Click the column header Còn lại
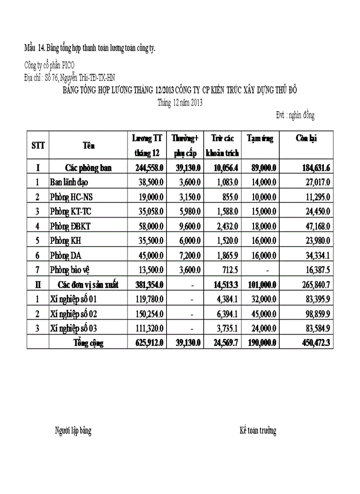coord(306,138)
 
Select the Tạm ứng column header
coord(260,138)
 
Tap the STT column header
coord(38,146)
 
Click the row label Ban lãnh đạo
coord(69,182)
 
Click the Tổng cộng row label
coord(89,343)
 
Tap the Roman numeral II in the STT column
coord(38,284)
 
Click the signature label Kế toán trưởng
coord(258,431)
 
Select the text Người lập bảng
coord(73,431)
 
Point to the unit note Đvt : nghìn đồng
coord(295,115)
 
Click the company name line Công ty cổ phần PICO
coord(49,65)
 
